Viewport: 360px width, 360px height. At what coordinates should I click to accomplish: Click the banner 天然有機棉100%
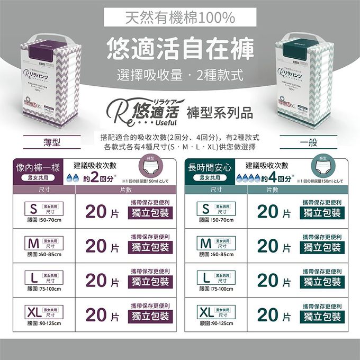(180, 18)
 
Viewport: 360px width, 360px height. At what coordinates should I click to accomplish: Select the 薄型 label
(51, 143)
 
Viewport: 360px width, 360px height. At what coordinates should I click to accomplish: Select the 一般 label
(309, 143)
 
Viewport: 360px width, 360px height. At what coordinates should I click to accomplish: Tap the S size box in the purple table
(44, 208)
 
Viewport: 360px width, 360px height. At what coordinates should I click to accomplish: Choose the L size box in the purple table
(44, 277)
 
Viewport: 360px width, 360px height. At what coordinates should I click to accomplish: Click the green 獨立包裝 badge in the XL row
(322, 317)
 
